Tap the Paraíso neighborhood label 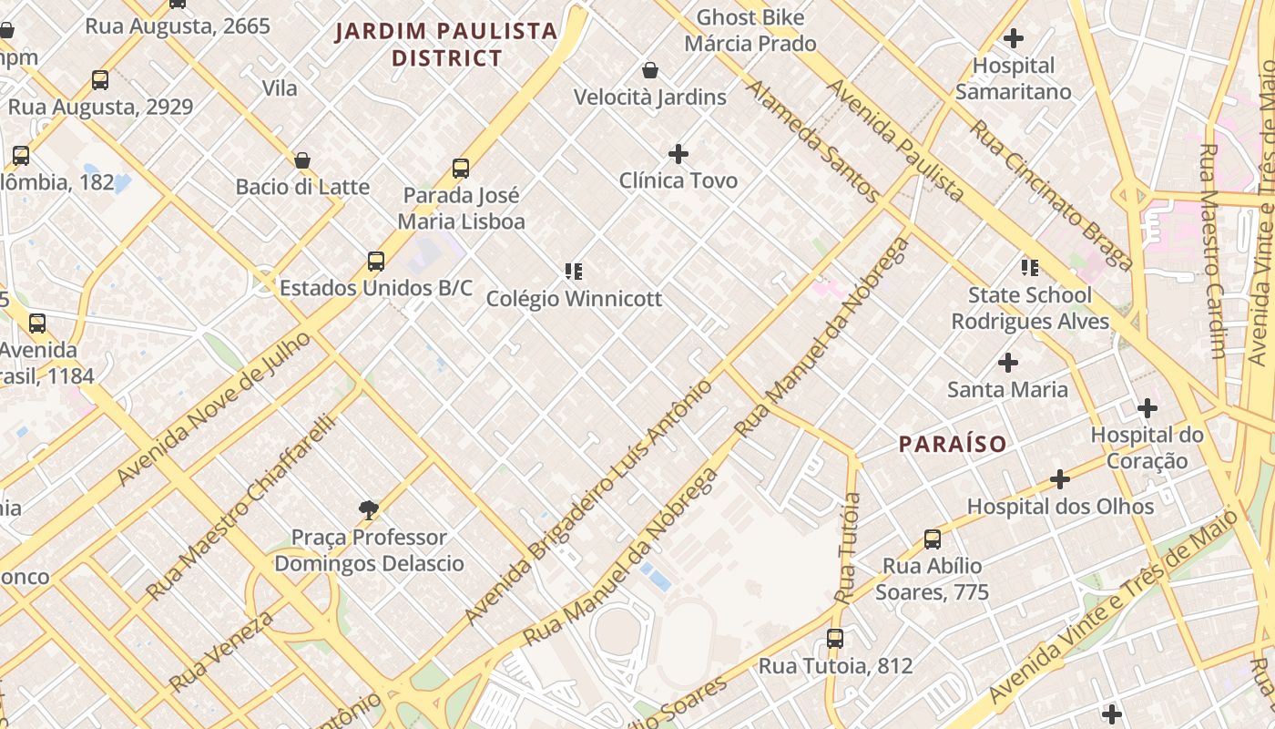pyautogui.click(x=953, y=444)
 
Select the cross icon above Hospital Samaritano pyautogui.click(x=1013, y=38)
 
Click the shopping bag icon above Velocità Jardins pyautogui.click(x=650, y=70)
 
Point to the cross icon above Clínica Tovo pyautogui.click(x=678, y=153)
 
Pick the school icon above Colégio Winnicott pyautogui.click(x=573, y=271)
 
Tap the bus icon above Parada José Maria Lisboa pyautogui.click(x=461, y=169)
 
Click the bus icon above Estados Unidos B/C pyautogui.click(x=375, y=262)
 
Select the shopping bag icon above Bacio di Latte pyautogui.click(x=302, y=160)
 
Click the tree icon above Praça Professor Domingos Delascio pyautogui.click(x=369, y=510)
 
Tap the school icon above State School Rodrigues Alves pyautogui.click(x=1029, y=268)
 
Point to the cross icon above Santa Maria pyautogui.click(x=1007, y=363)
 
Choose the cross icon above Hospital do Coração pyautogui.click(x=1147, y=407)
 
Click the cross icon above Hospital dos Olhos pyautogui.click(x=1060, y=479)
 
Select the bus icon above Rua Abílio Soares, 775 pyautogui.click(x=933, y=539)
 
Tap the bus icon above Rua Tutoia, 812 pyautogui.click(x=835, y=639)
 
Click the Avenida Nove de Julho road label pyautogui.click(x=215, y=408)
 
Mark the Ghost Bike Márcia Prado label pyautogui.click(x=750, y=30)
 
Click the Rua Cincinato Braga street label pyautogui.click(x=1051, y=195)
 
